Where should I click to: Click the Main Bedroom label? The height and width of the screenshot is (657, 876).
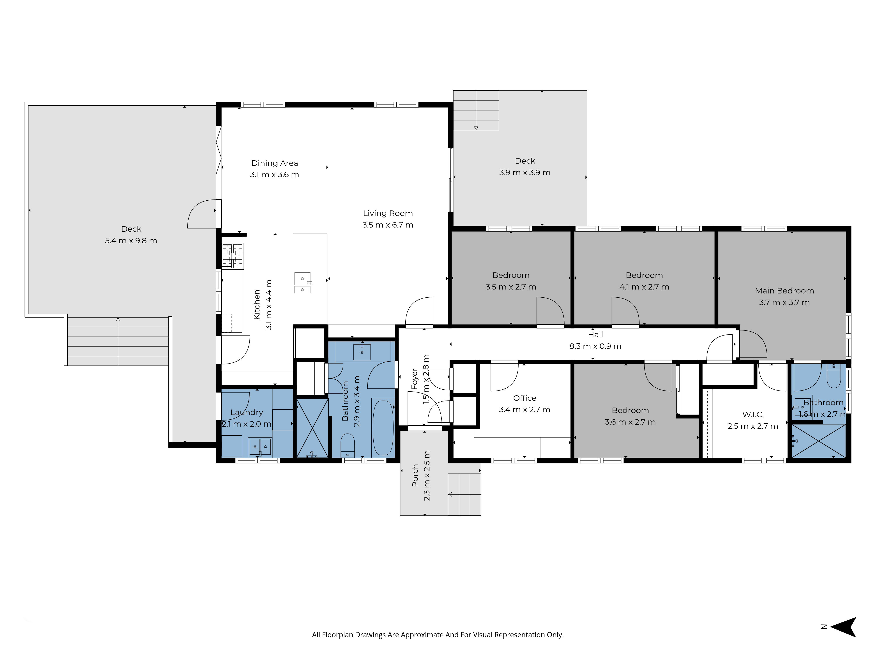(x=784, y=291)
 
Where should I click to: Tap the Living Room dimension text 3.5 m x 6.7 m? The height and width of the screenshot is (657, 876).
(x=388, y=225)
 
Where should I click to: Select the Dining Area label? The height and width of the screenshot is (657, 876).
(x=274, y=163)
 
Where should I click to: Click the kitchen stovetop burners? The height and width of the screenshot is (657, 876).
(x=232, y=256)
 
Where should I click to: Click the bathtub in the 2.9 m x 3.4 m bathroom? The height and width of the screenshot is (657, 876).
(x=383, y=428)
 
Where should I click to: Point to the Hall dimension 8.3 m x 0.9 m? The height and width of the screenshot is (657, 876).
(x=595, y=346)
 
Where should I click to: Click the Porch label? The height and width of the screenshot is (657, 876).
(x=415, y=475)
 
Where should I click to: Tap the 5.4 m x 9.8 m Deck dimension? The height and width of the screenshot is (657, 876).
(x=131, y=241)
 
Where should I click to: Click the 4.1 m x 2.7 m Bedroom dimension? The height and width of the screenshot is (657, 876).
(x=644, y=287)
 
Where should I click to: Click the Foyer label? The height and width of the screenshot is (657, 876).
(x=415, y=379)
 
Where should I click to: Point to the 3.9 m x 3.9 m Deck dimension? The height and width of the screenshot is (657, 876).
(x=525, y=173)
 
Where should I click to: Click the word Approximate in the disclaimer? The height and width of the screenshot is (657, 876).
(x=422, y=635)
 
